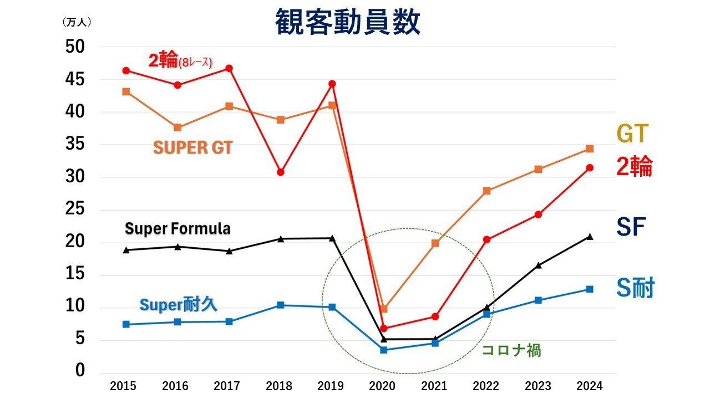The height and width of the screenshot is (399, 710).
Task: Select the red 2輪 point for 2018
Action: (x=281, y=172)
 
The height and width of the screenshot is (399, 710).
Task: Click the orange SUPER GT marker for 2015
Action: (x=126, y=91)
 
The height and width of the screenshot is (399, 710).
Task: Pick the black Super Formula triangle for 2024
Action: (x=590, y=237)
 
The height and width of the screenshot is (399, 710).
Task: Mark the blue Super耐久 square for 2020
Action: (x=384, y=350)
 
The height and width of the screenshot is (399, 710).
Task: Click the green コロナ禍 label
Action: (x=511, y=350)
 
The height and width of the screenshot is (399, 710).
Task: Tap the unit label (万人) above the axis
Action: (x=77, y=22)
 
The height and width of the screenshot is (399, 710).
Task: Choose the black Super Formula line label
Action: (x=177, y=228)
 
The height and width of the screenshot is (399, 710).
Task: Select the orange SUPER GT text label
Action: (x=192, y=148)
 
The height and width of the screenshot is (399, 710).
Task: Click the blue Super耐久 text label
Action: (x=178, y=304)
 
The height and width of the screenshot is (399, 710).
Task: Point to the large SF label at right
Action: (x=631, y=227)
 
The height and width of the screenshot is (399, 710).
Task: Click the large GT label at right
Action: (x=632, y=134)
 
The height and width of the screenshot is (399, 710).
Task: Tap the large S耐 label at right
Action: (x=636, y=288)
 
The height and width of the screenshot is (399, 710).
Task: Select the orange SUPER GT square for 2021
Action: (x=435, y=243)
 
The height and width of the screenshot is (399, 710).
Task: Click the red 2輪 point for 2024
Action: (x=590, y=168)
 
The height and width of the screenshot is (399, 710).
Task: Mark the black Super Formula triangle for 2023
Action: (x=538, y=265)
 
